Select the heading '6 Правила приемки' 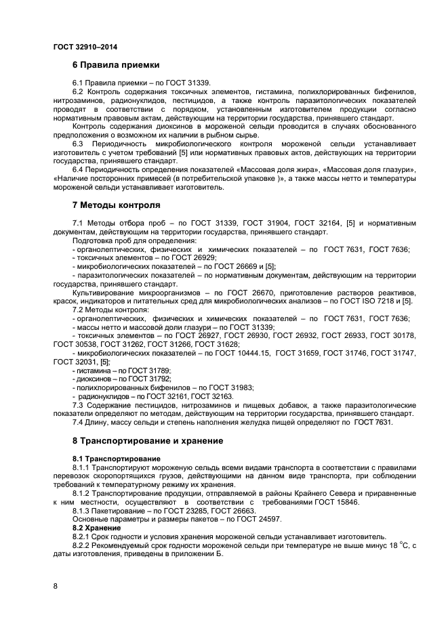point(116,66)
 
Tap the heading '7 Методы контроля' point(117,205)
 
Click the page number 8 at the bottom point(56,585)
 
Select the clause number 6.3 point(78,143)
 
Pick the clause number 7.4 point(78,422)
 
